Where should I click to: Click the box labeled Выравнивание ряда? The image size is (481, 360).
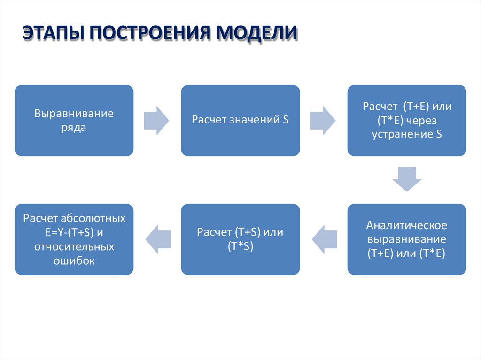74,120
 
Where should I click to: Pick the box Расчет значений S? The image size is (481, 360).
240,120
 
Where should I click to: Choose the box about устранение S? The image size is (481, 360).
407,120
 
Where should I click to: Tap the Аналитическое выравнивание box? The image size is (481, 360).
407,239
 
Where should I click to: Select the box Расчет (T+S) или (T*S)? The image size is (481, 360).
240,239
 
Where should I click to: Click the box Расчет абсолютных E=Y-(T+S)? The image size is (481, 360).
74,239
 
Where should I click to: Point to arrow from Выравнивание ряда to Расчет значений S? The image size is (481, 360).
156,120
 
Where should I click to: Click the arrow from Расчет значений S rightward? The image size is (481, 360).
323,120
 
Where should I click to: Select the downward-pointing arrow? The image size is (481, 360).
407,179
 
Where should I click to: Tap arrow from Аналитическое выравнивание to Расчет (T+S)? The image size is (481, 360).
324,238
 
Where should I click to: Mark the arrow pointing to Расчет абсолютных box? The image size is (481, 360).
158,238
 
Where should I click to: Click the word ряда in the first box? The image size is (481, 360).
74,128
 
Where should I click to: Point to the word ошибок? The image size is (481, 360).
74,260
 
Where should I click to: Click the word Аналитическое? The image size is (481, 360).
407,225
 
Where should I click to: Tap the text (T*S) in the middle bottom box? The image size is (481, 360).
240,246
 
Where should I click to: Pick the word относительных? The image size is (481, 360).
74,246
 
